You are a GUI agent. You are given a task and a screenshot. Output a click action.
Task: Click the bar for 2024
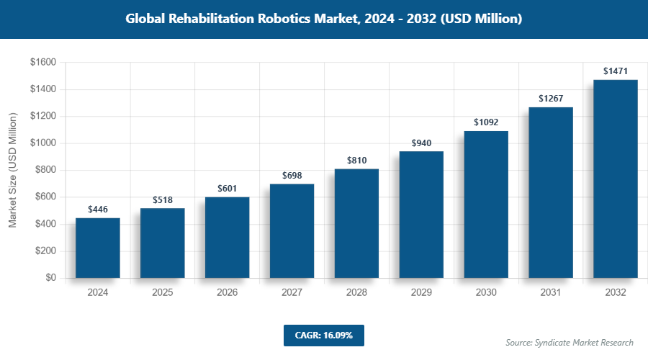point(97,248)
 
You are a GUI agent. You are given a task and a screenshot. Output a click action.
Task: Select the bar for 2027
point(292,230)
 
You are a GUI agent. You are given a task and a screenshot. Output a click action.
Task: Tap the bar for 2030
point(486,204)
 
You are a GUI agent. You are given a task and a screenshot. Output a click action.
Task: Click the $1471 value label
point(616,71)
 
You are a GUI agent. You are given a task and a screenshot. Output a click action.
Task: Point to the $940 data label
point(421,143)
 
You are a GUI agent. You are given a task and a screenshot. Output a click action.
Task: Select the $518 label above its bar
point(162,199)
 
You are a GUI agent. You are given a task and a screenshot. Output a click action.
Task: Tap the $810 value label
point(356,161)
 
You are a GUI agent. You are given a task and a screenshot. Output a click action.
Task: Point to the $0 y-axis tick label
point(50,278)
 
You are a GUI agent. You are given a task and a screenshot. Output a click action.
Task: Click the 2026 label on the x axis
point(227,293)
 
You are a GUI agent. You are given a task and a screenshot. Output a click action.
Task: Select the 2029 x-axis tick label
point(421,293)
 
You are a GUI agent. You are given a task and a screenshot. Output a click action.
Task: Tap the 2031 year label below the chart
point(551,293)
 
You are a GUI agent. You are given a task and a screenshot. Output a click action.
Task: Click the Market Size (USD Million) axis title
point(12,170)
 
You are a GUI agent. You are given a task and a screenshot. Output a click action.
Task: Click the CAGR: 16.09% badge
point(323,336)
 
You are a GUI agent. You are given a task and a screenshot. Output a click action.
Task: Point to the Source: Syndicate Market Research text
point(570,343)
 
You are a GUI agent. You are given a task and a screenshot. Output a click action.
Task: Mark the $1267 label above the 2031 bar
point(551,99)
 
